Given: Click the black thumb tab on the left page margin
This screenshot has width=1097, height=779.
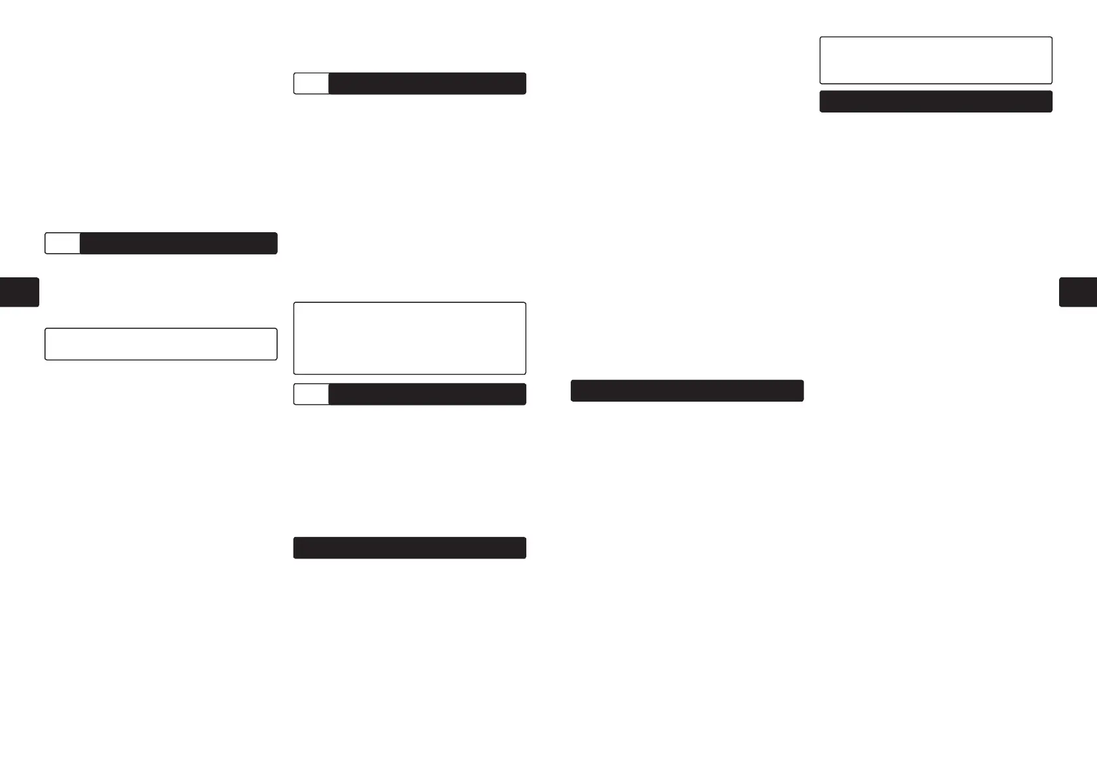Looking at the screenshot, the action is [20, 292].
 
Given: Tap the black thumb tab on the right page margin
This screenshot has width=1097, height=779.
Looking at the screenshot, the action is [1077, 292].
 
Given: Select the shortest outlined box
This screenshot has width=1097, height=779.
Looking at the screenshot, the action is [161, 344].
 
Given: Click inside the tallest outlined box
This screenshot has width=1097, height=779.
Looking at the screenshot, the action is [409, 338].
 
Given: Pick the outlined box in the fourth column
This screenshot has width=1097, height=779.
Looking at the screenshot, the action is [936, 60].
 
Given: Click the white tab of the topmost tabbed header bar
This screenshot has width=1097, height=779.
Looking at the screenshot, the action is [311, 84].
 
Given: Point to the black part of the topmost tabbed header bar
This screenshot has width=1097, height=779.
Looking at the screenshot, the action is [427, 84].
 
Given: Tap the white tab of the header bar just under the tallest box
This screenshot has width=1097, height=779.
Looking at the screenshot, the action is [311, 394].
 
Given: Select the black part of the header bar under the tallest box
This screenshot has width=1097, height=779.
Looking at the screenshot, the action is [427, 394].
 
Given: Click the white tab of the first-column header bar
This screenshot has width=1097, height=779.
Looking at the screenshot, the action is [63, 243].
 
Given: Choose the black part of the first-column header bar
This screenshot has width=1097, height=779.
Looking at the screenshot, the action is [178, 243].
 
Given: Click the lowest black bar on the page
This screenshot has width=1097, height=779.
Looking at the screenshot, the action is [409, 548].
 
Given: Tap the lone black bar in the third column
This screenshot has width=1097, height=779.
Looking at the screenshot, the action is [686, 390].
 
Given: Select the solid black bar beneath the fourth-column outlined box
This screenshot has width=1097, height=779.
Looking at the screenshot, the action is [936, 102].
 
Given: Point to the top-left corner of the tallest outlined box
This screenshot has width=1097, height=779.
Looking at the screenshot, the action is [294, 303].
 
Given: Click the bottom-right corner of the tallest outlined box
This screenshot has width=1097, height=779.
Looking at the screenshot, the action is [525, 373].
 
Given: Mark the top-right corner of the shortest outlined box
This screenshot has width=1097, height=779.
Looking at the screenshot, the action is [277, 329].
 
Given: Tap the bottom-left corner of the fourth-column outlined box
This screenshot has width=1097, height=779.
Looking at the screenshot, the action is [821, 83].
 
